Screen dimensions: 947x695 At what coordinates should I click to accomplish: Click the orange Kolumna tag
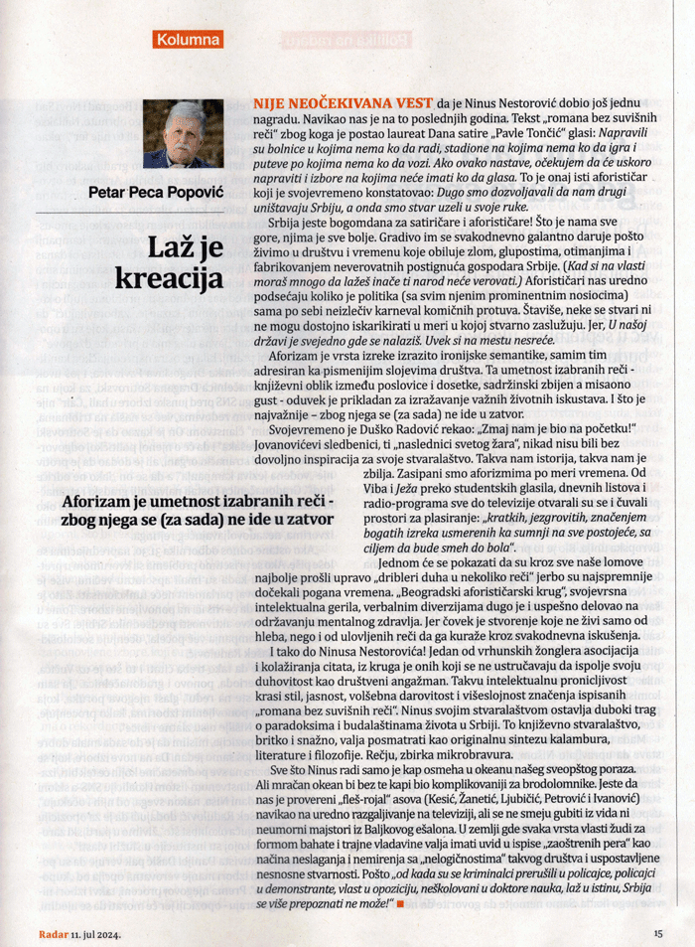pyautogui.click(x=188, y=40)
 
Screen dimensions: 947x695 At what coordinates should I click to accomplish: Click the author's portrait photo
pyautogui.click(x=183, y=134)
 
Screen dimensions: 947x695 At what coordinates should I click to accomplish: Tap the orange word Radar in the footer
pyautogui.click(x=53, y=933)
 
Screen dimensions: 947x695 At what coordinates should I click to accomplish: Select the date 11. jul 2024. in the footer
pyautogui.click(x=98, y=933)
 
